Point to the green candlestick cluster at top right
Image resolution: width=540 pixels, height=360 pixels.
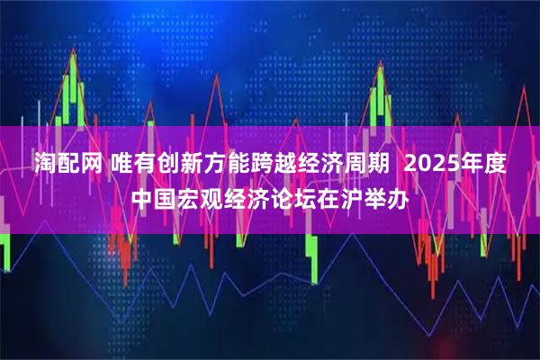point(378,85)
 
